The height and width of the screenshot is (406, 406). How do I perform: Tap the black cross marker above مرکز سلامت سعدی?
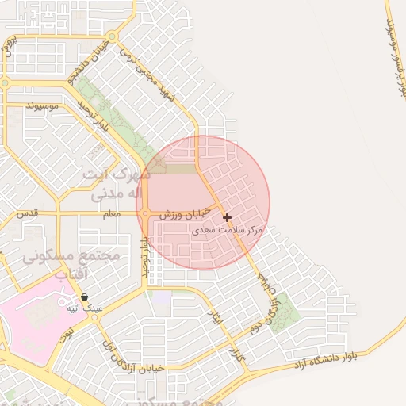[227, 217]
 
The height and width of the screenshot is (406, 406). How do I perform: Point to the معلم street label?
[111, 214]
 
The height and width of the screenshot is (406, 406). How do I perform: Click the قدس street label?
[27, 214]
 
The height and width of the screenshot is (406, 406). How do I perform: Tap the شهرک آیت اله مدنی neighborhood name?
[116, 183]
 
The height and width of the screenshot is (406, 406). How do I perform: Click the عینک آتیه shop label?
[84, 308]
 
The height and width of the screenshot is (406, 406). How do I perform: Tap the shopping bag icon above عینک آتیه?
[84, 297]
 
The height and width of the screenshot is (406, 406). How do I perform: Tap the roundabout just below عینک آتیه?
[95, 316]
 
